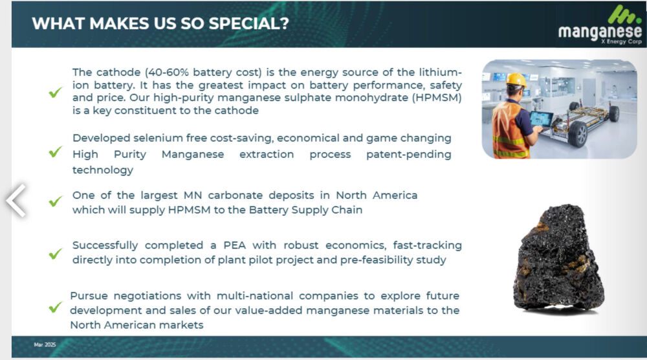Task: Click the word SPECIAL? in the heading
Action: coord(249,23)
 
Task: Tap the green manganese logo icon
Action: coord(624,14)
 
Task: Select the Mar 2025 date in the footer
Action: coord(45,344)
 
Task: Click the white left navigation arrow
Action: coord(16,200)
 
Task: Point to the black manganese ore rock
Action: coord(558,258)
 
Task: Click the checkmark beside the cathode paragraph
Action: coord(55,92)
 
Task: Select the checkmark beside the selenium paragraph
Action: coord(55,152)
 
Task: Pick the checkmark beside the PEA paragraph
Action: coord(55,253)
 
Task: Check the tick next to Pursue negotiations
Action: coord(55,307)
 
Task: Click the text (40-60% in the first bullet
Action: coord(167,73)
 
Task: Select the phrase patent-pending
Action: coord(408,154)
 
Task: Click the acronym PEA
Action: coord(234,245)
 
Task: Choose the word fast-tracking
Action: coord(427,245)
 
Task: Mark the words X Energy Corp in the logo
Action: coord(621,41)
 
